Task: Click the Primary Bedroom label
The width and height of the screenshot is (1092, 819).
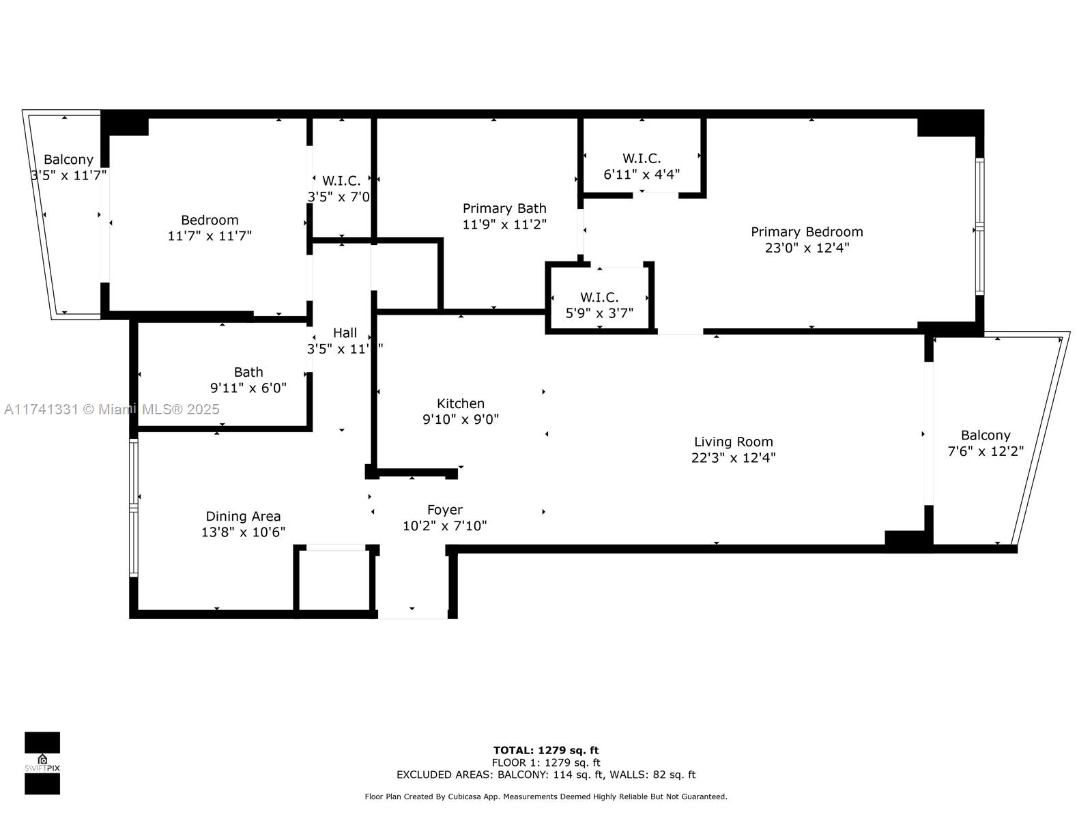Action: click(807, 232)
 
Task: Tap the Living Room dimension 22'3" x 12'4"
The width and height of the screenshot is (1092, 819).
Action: click(733, 458)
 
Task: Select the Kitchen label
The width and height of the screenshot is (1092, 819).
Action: click(461, 403)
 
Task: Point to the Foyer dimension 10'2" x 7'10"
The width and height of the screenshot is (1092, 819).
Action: click(444, 526)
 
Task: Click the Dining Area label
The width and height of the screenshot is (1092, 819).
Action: click(243, 517)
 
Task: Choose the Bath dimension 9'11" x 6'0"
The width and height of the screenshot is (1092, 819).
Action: click(248, 388)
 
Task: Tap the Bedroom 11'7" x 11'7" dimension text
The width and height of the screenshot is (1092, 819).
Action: click(210, 236)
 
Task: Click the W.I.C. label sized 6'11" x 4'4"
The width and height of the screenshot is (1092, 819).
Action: click(642, 158)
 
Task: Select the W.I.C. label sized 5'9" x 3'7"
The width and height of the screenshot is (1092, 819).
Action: click(599, 297)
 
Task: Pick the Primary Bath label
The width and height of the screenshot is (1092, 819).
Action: click(504, 208)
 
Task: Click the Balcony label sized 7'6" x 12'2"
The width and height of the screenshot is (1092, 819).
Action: click(985, 435)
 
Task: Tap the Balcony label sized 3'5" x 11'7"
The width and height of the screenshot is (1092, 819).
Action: click(68, 160)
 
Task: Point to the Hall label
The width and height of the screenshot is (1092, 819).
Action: click(345, 333)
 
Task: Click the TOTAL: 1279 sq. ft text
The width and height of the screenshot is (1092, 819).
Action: click(546, 750)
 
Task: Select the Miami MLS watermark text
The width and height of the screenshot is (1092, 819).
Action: click(112, 409)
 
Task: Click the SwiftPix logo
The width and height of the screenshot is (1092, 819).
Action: click(42, 763)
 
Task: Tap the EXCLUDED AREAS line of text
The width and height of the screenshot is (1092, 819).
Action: click(546, 775)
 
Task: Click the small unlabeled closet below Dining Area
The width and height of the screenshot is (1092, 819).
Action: click(334, 580)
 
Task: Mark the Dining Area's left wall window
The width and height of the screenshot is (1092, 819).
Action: click(134, 508)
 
